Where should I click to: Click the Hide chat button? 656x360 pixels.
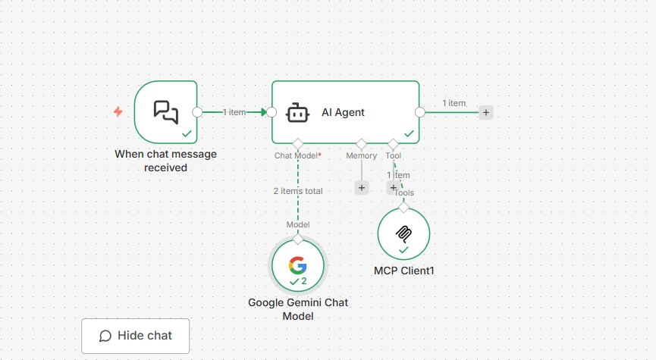[135, 336]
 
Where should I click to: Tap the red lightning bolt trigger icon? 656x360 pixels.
[118, 111]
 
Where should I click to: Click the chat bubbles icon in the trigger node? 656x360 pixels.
[166, 112]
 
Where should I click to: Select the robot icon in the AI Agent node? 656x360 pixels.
[297, 113]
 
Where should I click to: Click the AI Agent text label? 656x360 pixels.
[343, 112]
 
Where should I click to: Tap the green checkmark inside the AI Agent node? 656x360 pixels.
[409, 133]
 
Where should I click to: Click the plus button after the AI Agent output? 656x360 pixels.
[485, 112]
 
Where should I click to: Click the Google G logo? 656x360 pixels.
[298, 265]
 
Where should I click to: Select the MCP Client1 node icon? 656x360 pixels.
[403, 234]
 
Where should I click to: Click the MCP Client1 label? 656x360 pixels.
[404, 271]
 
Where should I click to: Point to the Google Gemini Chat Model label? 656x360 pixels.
[298, 309]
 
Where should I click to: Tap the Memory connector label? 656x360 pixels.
[362, 155]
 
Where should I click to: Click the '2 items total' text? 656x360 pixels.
[298, 191]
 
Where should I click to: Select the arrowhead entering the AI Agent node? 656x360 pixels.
[263, 112]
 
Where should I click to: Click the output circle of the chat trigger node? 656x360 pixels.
[197, 112]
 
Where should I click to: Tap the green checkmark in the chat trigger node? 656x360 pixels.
[187, 133]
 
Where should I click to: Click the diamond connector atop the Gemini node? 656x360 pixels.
[298, 239]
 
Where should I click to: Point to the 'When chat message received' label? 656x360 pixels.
[165, 161]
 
